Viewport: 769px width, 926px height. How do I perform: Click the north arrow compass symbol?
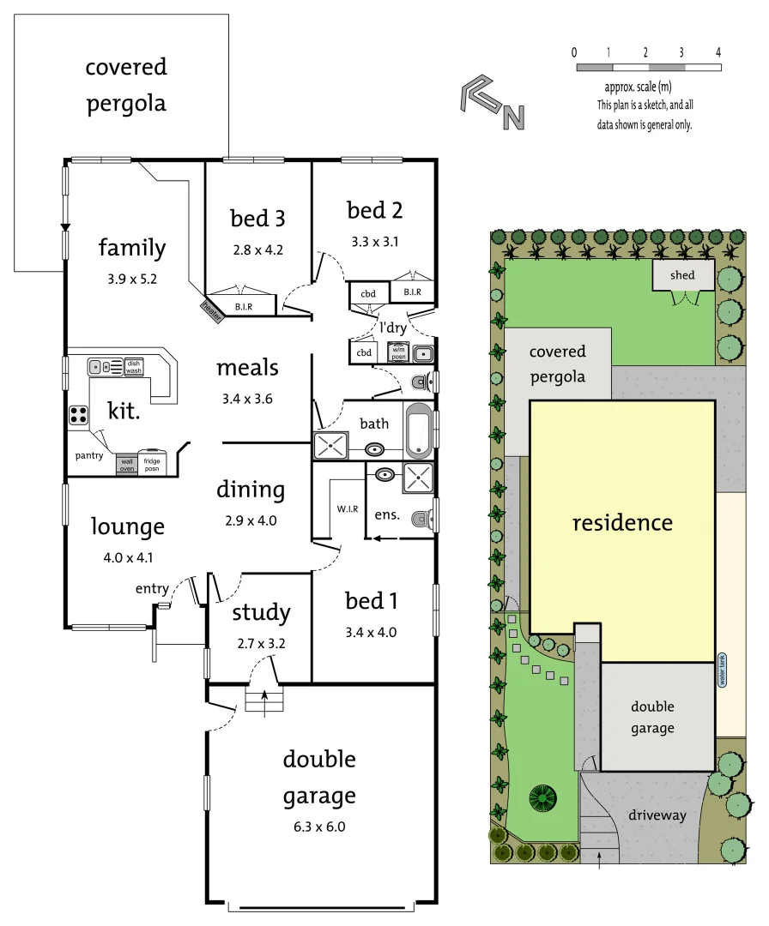coord(492,104)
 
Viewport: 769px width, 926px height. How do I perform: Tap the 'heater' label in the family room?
coord(212,311)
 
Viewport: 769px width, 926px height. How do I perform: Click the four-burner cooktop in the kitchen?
coord(79,415)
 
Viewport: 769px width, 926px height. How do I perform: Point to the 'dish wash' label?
coord(134,366)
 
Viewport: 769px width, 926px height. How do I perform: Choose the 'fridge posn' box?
coord(151,463)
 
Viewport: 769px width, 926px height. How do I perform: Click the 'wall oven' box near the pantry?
coord(126,464)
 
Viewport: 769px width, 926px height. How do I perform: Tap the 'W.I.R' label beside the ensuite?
coord(348,508)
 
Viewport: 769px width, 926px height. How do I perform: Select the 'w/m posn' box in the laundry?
coord(398,352)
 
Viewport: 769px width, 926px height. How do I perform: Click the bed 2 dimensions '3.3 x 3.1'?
coord(374,242)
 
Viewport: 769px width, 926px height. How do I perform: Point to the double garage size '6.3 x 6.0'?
coord(319,827)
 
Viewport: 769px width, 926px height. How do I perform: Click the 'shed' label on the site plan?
coord(682,275)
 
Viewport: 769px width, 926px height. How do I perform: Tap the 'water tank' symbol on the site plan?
coord(722,670)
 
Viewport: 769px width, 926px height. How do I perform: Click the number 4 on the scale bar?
coord(718,53)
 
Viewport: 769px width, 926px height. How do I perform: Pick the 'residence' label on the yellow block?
coord(622,522)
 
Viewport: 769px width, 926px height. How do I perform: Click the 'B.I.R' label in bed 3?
coord(243,305)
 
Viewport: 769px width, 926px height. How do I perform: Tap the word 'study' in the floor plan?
coord(261,612)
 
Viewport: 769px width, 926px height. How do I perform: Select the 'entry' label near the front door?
coord(152,588)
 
